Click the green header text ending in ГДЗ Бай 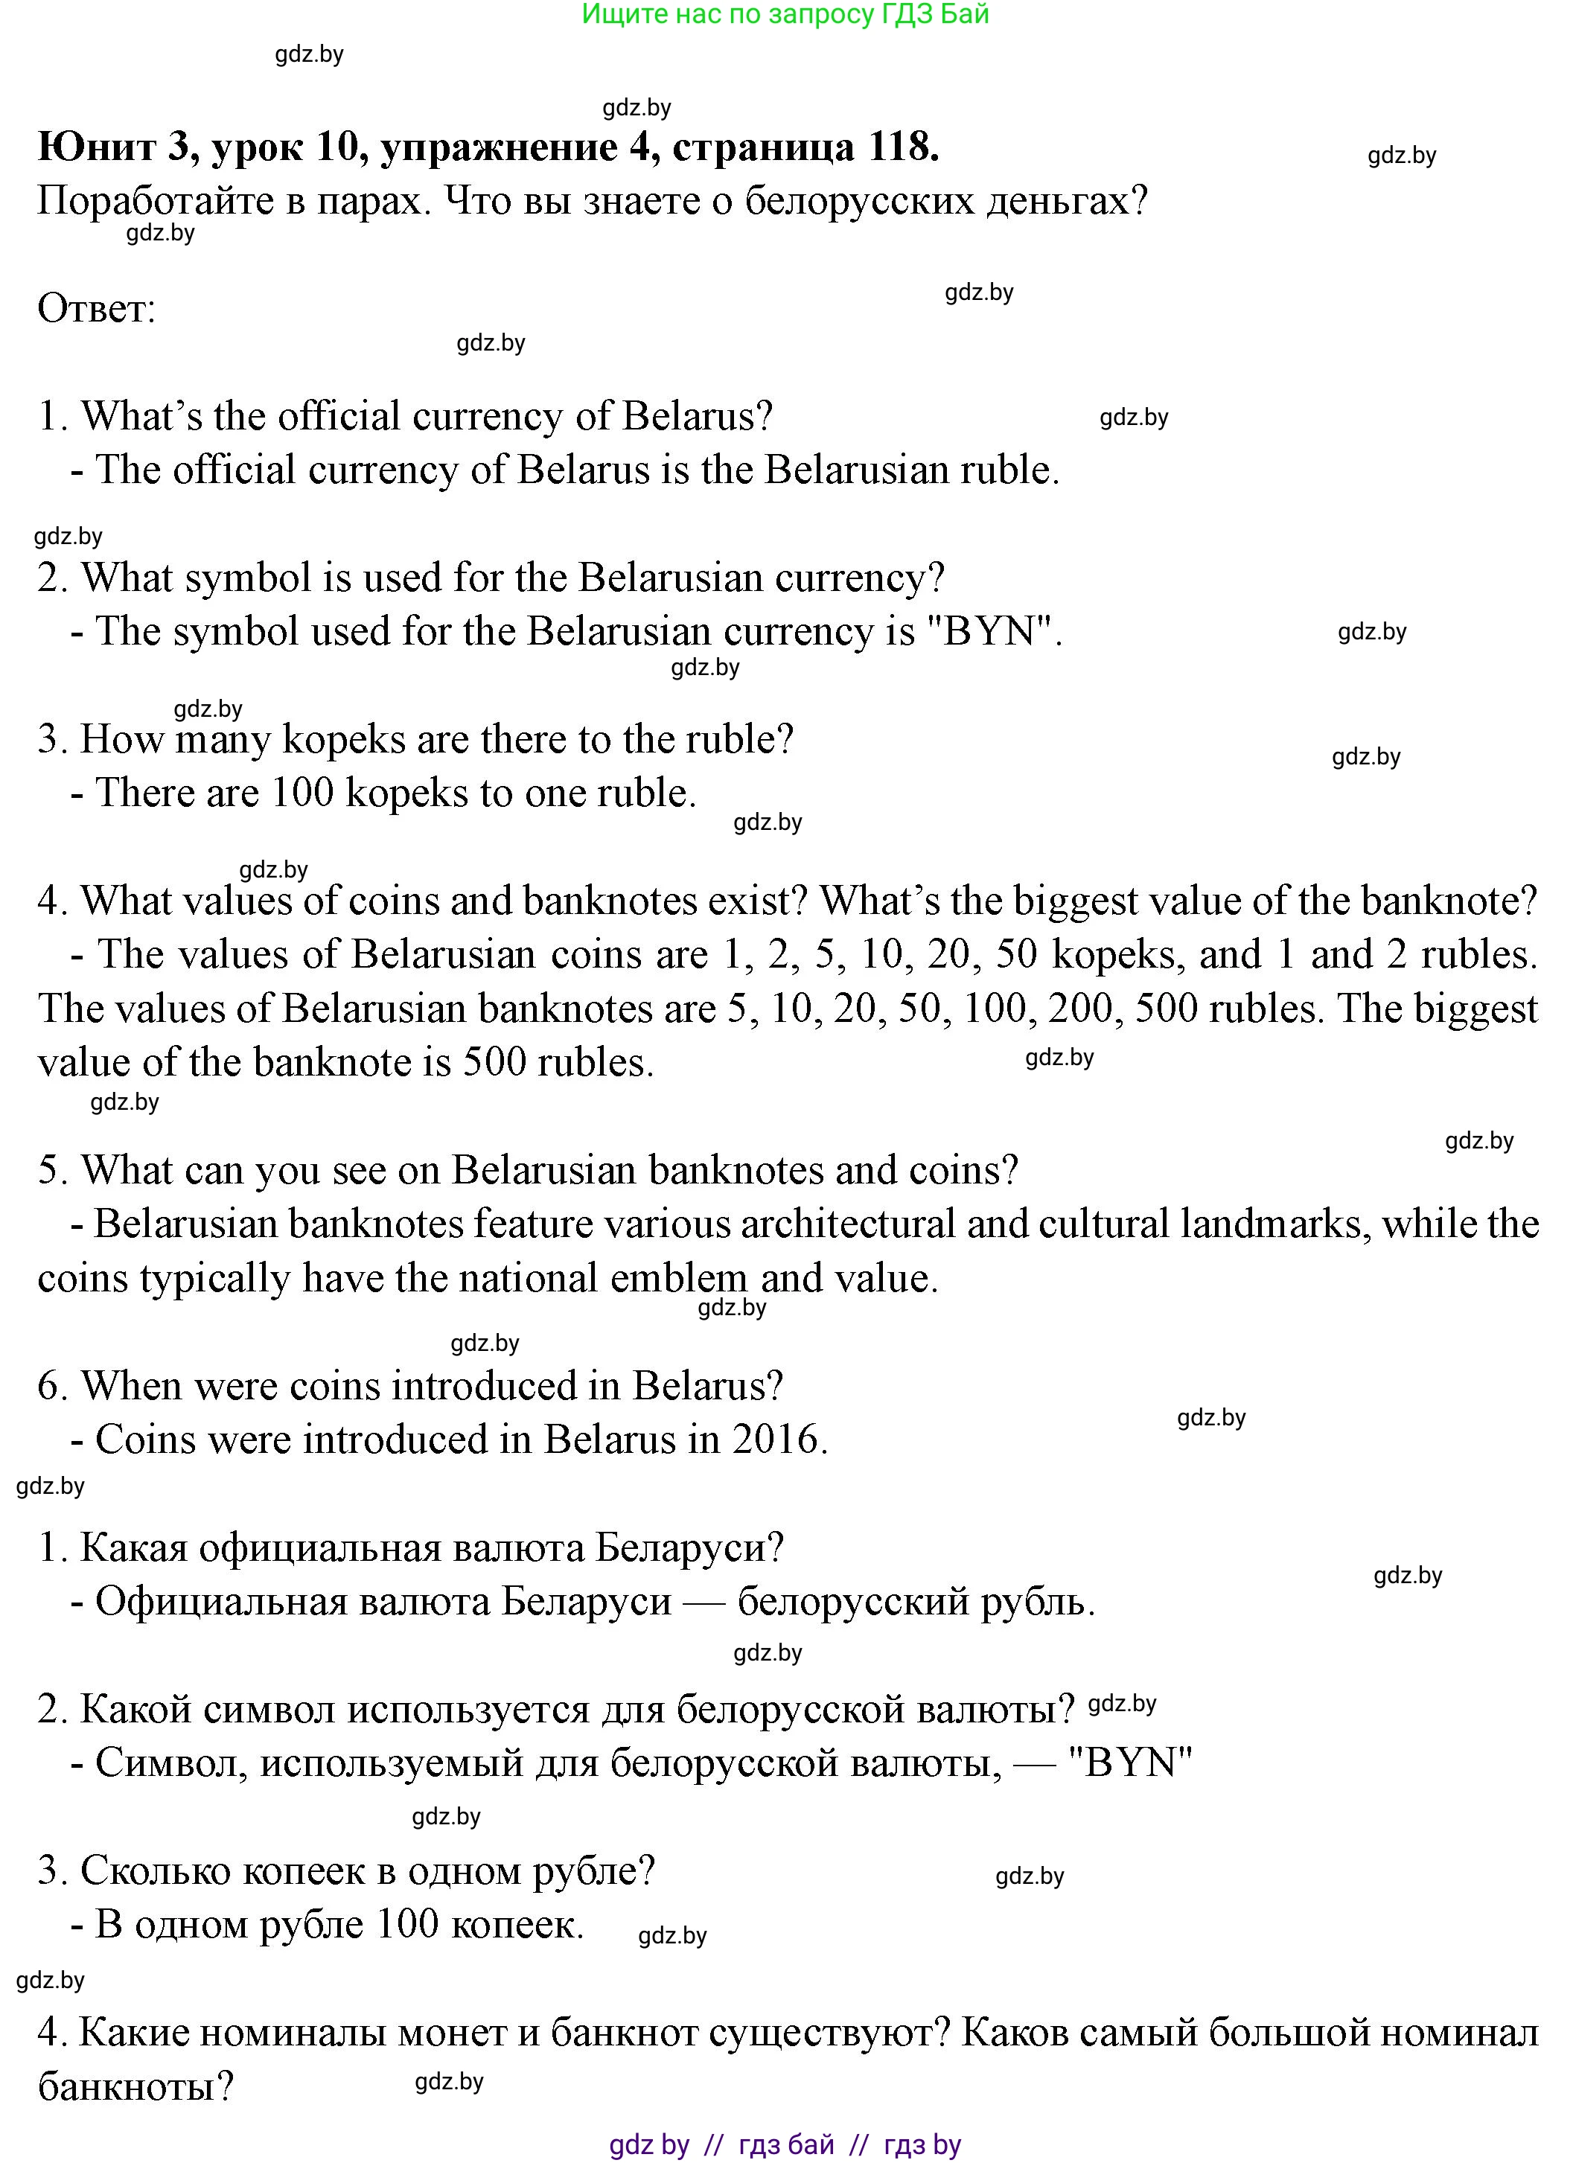pyautogui.click(x=785, y=14)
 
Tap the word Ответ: pyautogui.click(x=96, y=309)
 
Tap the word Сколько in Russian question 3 pyautogui.click(x=156, y=1871)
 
